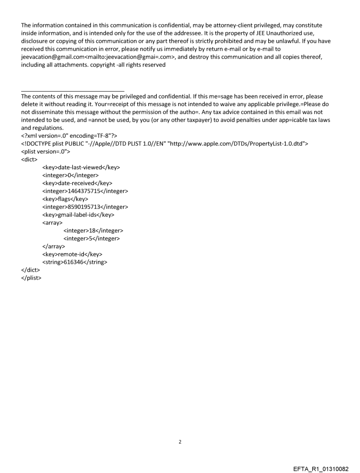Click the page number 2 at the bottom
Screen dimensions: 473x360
click(180, 441)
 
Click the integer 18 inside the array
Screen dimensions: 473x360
click(93, 231)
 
